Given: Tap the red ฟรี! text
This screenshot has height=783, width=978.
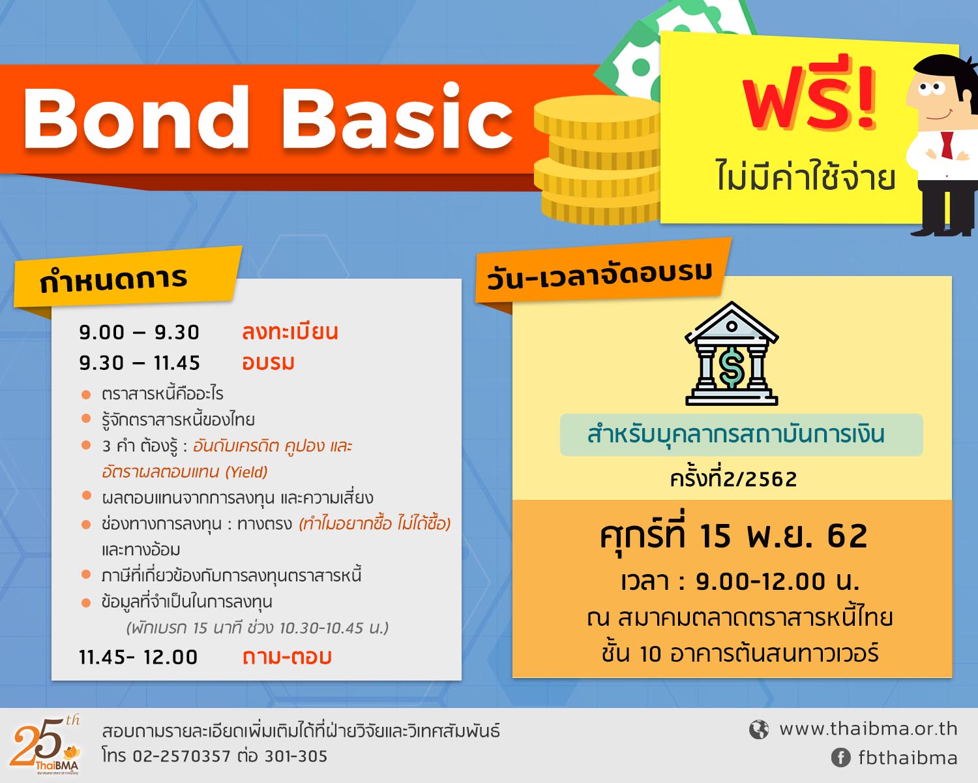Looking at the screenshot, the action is pos(809,99).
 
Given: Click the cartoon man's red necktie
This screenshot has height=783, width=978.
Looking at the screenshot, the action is pos(947,145).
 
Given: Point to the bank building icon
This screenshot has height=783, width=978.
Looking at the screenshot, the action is pos(732,354).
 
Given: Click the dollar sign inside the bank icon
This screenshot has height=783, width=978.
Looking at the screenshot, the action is pos(732,367).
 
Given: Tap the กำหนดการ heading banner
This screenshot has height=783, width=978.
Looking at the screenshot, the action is pos(127,279).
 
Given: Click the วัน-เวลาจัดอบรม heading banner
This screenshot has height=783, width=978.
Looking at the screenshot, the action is pos(602,271).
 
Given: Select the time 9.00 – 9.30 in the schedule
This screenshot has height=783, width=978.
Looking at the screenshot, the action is pos(139,333).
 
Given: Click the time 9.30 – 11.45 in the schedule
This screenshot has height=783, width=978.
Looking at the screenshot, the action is pos(140,363).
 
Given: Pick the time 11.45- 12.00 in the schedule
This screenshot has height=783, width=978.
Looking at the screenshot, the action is pos(138,657).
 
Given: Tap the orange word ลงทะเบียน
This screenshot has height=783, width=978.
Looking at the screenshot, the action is pos(290,331).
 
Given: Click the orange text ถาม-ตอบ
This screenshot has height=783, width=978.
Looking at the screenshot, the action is pos(287,657).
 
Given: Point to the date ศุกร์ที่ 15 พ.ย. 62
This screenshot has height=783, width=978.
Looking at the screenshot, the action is pos(733,535).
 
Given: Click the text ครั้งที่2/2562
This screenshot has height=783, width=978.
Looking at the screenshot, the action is pos(733,479).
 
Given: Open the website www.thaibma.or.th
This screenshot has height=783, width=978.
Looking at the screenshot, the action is pos(868,729).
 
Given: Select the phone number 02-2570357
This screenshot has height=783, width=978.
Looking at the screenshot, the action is pos(182,756).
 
